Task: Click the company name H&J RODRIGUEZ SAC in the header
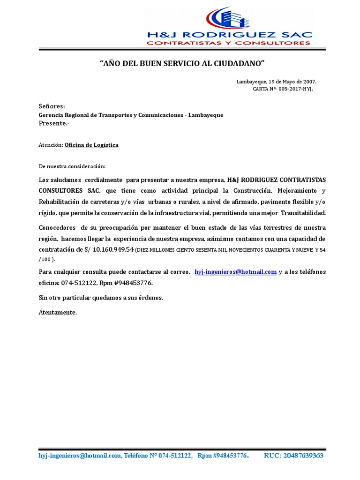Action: click(x=229, y=35)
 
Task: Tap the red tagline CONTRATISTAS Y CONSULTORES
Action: click(x=229, y=43)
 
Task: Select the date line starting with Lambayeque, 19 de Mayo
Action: click(x=276, y=82)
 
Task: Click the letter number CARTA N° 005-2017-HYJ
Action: click(x=282, y=88)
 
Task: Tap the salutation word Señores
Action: click(x=52, y=106)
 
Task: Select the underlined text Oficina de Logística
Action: click(x=91, y=145)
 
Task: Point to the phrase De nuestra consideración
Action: click(x=72, y=166)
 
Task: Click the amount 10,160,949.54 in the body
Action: click(x=113, y=248)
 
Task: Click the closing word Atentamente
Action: click(x=58, y=312)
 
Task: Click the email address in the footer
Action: click(x=80, y=456)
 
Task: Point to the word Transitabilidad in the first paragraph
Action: click(x=303, y=213)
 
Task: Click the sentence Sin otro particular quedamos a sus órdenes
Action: click(x=100, y=298)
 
